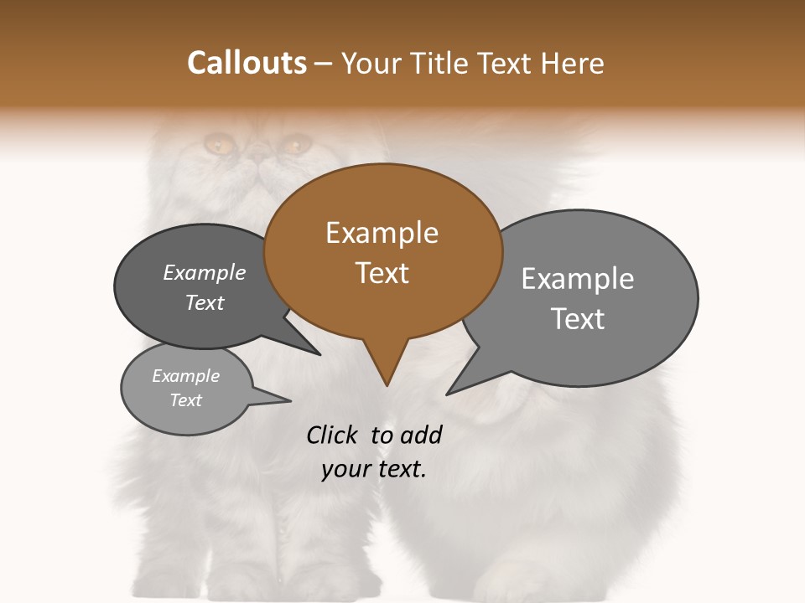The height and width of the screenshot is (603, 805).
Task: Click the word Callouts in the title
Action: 247,63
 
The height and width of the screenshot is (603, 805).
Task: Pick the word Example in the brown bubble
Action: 382,233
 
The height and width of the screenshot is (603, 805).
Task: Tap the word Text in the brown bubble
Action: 382,273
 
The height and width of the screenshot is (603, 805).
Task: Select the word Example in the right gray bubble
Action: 578,279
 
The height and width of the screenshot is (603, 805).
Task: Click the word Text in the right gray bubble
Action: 578,319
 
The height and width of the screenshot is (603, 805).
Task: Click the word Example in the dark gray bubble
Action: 205,273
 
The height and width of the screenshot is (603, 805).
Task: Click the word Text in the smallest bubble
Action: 186,400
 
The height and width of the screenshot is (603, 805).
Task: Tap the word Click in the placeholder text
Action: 333,435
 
